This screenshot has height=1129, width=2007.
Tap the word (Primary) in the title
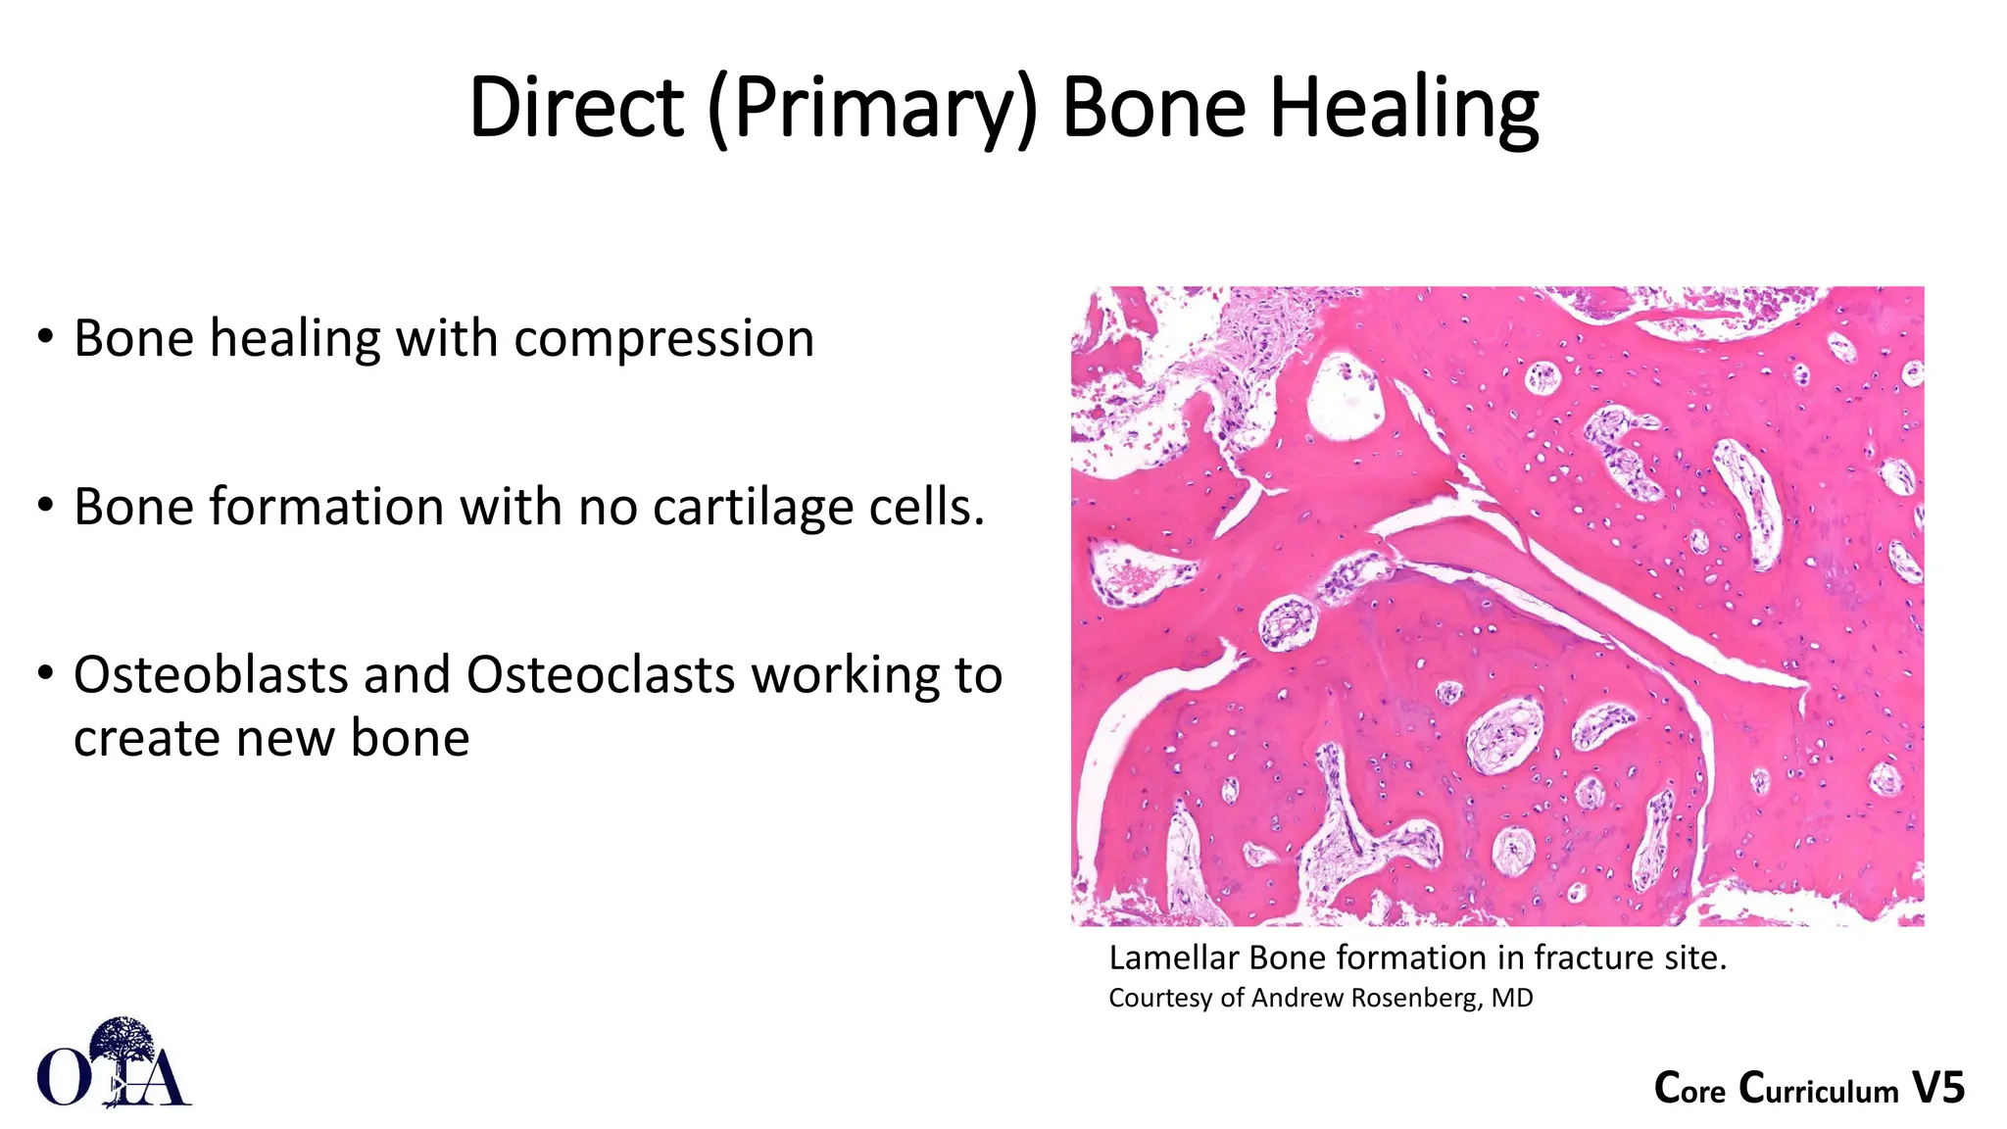pyautogui.click(x=871, y=109)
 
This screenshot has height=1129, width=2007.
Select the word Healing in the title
pyautogui.click(x=1404, y=109)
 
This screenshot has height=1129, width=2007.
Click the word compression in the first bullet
pyautogui.click(x=663, y=340)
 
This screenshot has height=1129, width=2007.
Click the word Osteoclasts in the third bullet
pyautogui.click(x=600, y=675)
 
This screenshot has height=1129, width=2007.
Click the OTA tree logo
pyautogui.click(x=116, y=1063)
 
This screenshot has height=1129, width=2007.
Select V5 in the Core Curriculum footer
pyautogui.click(x=1938, y=1089)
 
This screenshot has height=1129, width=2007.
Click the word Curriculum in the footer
pyautogui.click(x=1819, y=1089)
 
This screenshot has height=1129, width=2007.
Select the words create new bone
pyautogui.click(x=271, y=739)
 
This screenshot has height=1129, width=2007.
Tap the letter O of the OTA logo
pyautogui.click(x=63, y=1077)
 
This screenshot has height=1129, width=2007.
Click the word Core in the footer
pyautogui.click(x=1689, y=1089)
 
